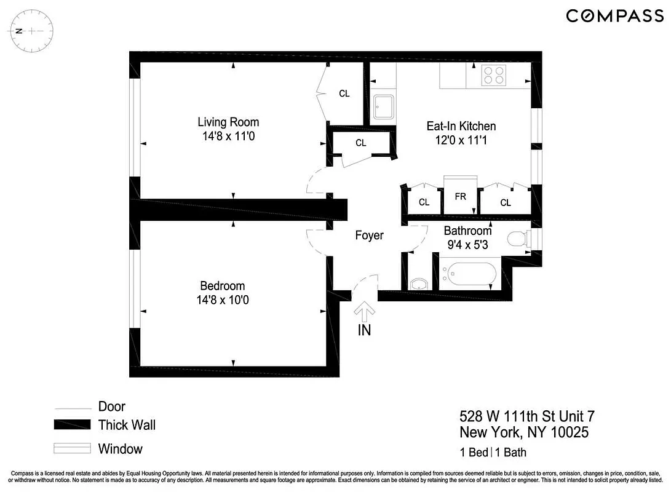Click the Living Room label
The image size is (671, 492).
228,122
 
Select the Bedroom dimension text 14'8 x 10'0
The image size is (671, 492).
222,300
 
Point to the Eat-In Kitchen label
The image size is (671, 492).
461,126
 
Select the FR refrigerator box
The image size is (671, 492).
461,197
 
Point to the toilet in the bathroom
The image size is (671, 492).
518,239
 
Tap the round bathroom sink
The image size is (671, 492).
419,284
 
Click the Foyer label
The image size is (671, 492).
369,236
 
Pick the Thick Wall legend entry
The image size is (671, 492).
127,425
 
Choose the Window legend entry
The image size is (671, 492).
120,449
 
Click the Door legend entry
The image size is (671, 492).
111,407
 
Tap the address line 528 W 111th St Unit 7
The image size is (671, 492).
527,417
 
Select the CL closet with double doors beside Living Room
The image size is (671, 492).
344,93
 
